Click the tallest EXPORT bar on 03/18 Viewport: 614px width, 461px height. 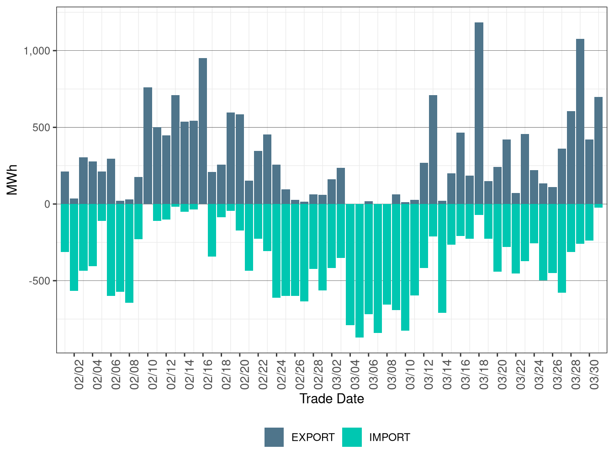(x=479, y=113)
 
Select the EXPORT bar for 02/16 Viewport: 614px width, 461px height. (x=203, y=131)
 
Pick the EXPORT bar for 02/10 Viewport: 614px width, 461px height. (x=148, y=145)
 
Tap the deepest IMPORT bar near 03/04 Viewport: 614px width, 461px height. (x=360, y=271)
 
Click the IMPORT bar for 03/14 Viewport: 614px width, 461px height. (x=442, y=258)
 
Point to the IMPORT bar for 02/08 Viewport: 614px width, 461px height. (x=129, y=253)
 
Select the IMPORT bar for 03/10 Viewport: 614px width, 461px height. (x=405, y=267)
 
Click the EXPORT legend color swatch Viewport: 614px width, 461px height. (x=274, y=437)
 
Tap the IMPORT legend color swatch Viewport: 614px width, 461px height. (x=352, y=437)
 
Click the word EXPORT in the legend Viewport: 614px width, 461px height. (x=313, y=437)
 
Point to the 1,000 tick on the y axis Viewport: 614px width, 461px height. (x=37, y=51)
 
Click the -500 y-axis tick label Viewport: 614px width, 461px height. (x=39, y=281)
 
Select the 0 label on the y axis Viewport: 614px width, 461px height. (x=47, y=204)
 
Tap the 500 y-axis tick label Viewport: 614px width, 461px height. (x=41, y=128)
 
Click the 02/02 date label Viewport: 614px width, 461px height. (x=79, y=374)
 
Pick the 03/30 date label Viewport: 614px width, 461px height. (x=594, y=374)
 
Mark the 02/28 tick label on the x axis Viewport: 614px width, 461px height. (x=318, y=374)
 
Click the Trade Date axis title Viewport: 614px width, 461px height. (x=332, y=399)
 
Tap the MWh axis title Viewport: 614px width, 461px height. (x=12, y=180)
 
